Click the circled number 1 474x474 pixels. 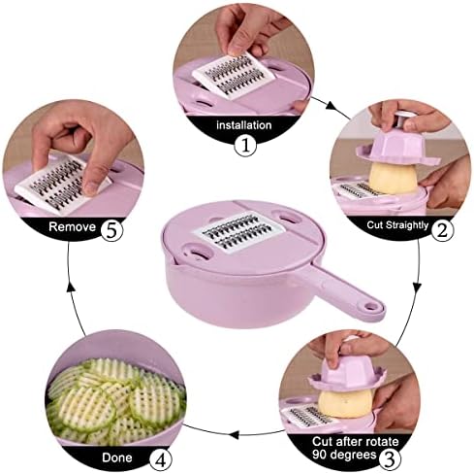point(245,146)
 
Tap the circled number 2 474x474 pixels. point(442,230)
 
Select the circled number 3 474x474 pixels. point(390,457)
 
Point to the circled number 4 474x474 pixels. point(161,459)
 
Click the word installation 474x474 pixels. point(244,125)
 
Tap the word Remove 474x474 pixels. point(72,226)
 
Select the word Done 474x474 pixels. point(117,457)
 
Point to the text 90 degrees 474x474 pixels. point(344,455)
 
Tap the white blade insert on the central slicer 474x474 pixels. point(239,231)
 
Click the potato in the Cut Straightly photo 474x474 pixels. point(393,178)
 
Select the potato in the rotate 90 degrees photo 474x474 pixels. point(344,404)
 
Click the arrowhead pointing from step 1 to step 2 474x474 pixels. point(332,106)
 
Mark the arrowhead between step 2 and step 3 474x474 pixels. point(418,288)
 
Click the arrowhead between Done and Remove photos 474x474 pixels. point(71,288)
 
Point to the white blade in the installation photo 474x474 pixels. point(234,75)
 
